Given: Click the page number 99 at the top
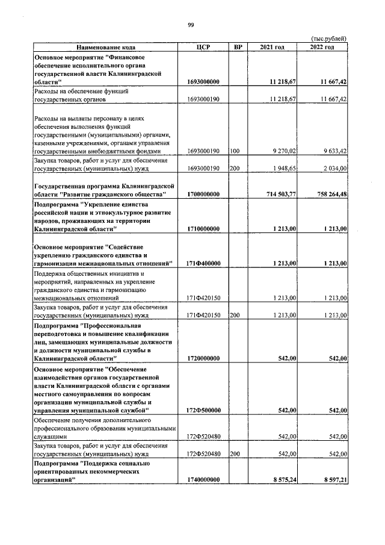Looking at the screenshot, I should tap(191, 25).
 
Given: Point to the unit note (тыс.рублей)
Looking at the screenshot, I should tap(329, 38).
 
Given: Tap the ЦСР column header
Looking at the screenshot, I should tap(202, 47).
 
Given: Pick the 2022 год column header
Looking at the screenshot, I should tap(322, 47).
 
